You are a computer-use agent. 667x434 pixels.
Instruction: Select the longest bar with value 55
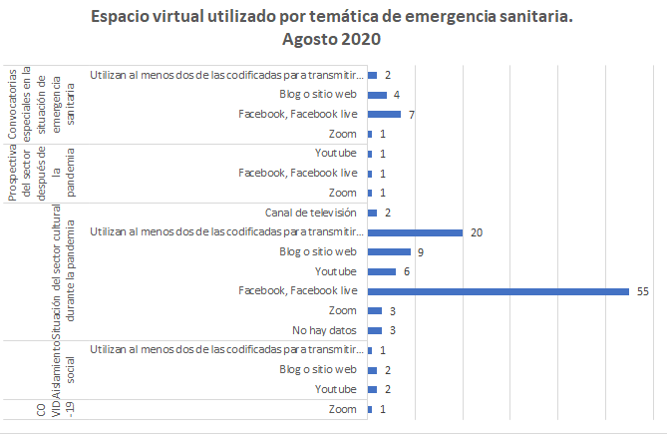[x=498, y=291]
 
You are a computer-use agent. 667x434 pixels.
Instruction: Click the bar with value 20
[x=415, y=232]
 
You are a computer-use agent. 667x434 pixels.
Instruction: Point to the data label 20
[x=477, y=232]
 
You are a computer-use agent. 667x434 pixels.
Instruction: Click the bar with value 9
[x=389, y=251]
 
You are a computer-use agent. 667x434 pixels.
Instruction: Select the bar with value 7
[x=384, y=115]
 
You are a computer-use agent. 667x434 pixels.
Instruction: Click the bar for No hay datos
[x=375, y=330]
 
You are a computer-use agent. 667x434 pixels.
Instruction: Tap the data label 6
[x=405, y=271]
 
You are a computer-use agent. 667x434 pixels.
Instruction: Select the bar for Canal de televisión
[x=373, y=213]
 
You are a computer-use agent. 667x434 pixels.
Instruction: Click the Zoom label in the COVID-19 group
[x=342, y=409]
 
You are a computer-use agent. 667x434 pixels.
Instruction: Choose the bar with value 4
[x=377, y=95]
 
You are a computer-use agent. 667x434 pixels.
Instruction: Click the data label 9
[x=420, y=251]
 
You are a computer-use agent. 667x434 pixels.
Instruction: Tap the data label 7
[x=411, y=115]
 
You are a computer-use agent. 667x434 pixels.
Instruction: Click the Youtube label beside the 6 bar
[x=335, y=271]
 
